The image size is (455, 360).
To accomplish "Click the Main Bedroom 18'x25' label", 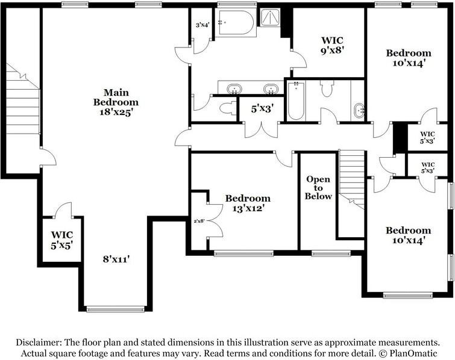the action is click(116, 102).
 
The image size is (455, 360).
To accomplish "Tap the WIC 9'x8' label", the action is click(332, 45).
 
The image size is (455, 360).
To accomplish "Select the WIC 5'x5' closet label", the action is click(62, 240).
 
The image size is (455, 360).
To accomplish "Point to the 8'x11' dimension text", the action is click(116, 258).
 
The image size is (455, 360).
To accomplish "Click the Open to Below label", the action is click(318, 188).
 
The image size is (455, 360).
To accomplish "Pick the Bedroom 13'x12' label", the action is click(248, 203).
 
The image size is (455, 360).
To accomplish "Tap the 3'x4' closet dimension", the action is click(202, 25).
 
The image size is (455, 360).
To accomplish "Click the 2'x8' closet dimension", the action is click(199, 221).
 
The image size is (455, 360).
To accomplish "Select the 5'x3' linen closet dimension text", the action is click(263, 109).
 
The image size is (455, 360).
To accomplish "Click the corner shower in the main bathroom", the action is click(270, 17).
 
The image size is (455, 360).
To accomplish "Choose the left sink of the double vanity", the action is click(234, 89).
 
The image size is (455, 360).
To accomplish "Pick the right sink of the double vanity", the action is click(271, 89).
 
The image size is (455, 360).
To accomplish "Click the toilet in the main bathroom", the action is click(228, 109).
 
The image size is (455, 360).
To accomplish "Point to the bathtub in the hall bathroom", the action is click(296, 101).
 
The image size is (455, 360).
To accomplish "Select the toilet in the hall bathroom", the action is click(327, 88).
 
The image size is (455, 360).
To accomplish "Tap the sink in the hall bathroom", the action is click(359, 110).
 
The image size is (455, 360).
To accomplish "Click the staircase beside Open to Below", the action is click(352, 180).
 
